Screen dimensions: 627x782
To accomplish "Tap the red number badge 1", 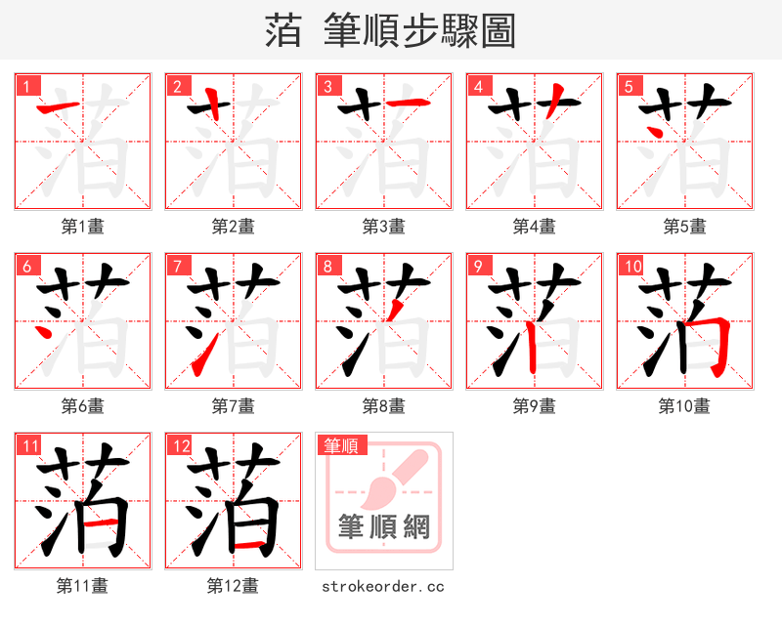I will [26, 86].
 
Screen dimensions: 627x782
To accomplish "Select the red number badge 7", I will [177, 266].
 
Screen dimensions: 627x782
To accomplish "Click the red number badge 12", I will [181, 446].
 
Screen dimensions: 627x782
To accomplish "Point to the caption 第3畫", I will [383, 227].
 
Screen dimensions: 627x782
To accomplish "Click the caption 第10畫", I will [684, 406].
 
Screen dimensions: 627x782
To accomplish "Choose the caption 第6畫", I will [82, 406].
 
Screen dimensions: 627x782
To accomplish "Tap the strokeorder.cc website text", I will [383, 586].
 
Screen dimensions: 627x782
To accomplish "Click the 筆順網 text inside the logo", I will [383, 527].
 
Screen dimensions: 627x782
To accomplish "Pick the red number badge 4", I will [478, 86].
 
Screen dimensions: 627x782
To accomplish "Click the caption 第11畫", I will [82, 586].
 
